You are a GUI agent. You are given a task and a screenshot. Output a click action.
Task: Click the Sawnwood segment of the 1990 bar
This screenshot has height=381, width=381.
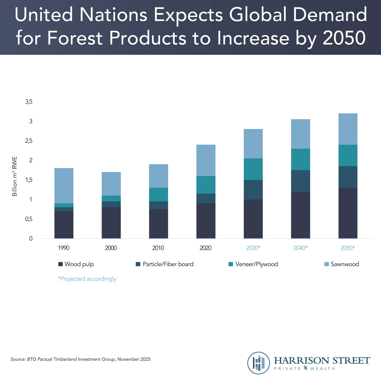coord(64,186)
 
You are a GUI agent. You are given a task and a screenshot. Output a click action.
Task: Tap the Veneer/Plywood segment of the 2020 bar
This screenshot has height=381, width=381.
coord(206,185)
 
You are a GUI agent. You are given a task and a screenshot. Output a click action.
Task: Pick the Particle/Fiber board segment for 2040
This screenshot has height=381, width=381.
coord(300,181)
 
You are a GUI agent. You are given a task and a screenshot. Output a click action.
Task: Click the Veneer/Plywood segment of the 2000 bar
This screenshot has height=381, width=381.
coord(111,198)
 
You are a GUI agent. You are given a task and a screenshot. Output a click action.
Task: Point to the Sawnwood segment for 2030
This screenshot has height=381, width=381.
coord(253,144)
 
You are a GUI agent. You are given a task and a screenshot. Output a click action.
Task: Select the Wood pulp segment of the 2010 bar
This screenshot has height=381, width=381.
coord(158,224)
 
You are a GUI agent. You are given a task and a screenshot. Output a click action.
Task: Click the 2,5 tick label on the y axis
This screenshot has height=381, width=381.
coord(29,141)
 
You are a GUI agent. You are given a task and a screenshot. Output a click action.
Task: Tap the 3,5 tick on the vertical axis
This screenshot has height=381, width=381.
coord(29,102)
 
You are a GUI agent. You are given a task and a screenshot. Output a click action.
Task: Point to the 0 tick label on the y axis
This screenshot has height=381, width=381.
coord(31,239)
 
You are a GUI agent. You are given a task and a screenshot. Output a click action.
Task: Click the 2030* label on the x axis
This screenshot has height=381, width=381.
coord(253,248)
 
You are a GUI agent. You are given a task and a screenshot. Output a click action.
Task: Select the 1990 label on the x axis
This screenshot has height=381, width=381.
coord(63,248)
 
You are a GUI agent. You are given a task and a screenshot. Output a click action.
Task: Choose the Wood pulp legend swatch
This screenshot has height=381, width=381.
coord(60,264)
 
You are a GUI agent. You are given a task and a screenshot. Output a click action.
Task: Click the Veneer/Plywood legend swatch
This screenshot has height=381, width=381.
coord(231,264)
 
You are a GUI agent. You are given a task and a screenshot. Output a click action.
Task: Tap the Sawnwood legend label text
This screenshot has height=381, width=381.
coord(345,264)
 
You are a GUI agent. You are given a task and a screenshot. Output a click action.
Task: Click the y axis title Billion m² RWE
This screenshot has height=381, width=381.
coord(15,176)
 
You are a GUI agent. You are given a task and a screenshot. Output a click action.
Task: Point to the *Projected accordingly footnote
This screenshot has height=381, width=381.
coord(87,279)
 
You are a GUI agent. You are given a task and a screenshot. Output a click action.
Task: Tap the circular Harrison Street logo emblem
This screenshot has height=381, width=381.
coord(259,363)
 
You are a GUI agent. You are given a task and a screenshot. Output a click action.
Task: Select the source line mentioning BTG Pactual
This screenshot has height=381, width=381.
coord(81,359)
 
